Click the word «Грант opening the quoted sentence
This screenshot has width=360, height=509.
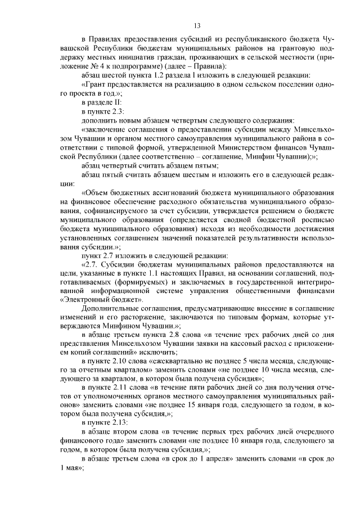click(x=95, y=84)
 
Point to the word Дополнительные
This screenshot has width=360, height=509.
click(x=108, y=309)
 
